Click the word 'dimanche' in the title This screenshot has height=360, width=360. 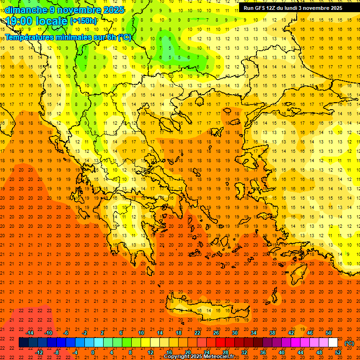[26, 10]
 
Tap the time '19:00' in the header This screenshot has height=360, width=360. [18, 21]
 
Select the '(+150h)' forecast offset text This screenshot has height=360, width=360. [83, 21]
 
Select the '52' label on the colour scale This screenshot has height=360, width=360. [338, 352]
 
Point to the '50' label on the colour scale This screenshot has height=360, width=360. [329, 333]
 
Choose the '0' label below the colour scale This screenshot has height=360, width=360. [93, 352]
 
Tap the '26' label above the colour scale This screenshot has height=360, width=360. [216, 333]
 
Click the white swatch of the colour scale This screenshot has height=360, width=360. [333, 343]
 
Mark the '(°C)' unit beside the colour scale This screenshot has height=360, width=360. [349, 343]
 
